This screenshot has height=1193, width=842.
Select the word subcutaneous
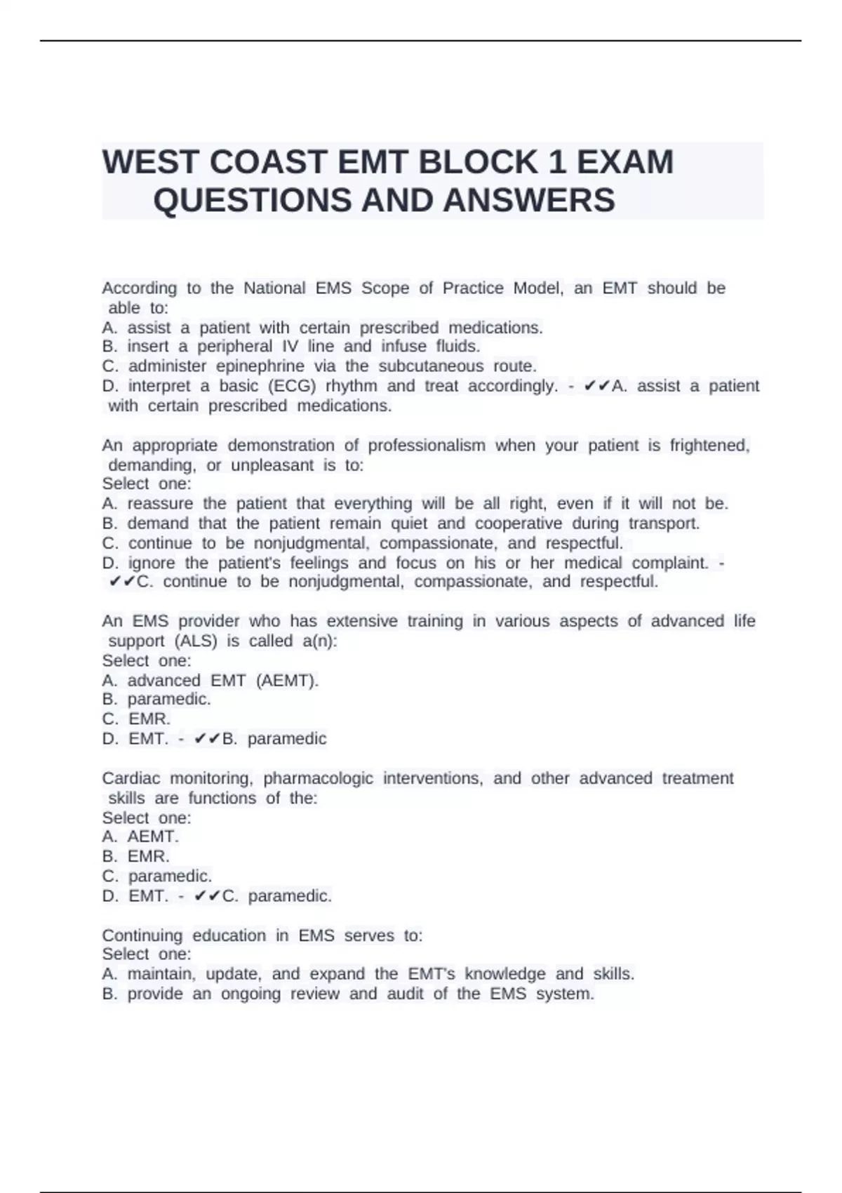[x=431, y=366]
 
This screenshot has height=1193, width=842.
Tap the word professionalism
[x=427, y=446]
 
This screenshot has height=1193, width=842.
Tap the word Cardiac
[x=131, y=778]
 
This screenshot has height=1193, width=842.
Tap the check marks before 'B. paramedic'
[x=208, y=739]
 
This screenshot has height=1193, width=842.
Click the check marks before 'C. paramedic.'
[x=208, y=896]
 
